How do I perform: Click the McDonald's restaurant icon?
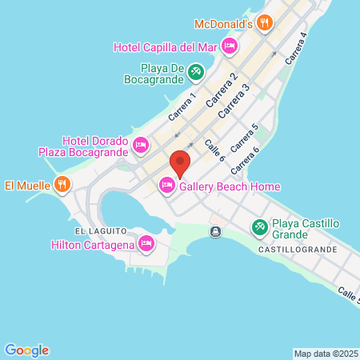[x=265, y=22]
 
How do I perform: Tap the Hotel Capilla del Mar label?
[x=166, y=47]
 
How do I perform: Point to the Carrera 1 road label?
[x=183, y=108]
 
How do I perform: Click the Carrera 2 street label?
[x=222, y=90]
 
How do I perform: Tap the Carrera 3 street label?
[x=234, y=99]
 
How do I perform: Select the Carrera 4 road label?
[x=296, y=50]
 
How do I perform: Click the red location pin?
[x=180, y=163]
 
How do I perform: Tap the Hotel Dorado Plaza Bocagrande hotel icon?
[x=141, y=145]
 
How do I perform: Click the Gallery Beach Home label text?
[x=230, y=186]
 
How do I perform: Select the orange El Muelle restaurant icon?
[x=62, y=186]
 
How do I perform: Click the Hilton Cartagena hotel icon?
[x=146, y=243]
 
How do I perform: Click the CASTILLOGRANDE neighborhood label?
[x=298, y=250]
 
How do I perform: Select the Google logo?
[x=26, y=350]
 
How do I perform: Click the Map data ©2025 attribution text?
[x=325, y=354]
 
